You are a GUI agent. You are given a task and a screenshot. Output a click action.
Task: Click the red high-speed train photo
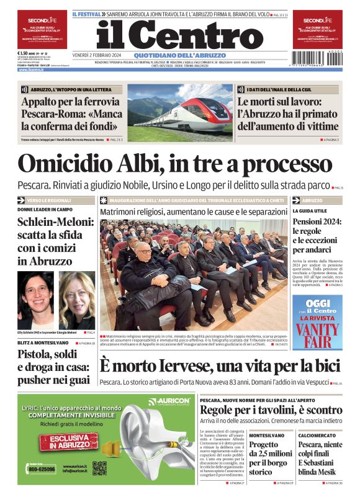click(179, 113)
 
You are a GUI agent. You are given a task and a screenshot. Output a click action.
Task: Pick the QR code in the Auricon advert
click(99, 468)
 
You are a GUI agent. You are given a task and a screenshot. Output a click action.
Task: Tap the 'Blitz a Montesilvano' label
click(43, 342)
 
